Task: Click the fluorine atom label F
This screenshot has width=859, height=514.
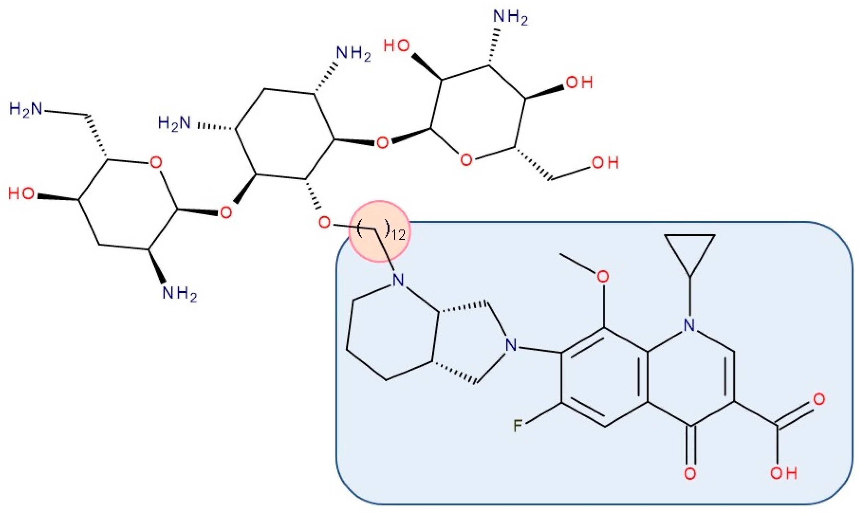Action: click(x=517, y=426)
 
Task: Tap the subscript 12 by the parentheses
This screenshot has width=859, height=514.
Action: click(x=399, y=236)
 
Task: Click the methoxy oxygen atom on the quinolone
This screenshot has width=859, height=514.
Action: click(x=603, y=277)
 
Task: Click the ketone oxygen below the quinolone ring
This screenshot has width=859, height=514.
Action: click(x=690, y=474)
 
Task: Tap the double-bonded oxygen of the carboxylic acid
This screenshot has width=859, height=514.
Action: click(x=819, y=399)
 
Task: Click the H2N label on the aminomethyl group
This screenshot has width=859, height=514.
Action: click(x=25, y=110)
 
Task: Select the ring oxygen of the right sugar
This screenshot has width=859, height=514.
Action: click(x=466, y=160)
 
